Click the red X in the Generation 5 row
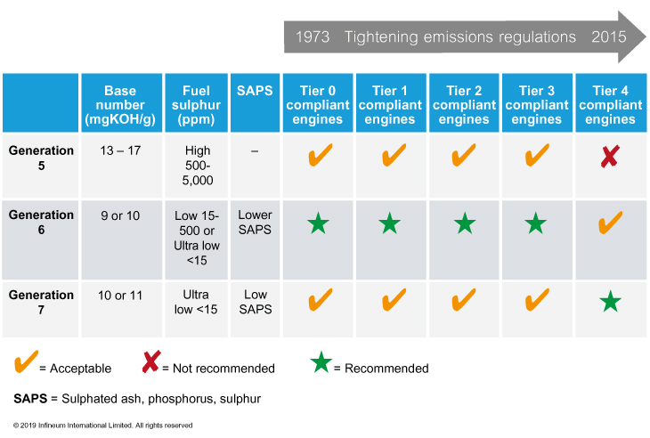coord(610,156)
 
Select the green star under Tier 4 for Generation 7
coord(610,301)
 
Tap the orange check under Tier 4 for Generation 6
coord(610,223)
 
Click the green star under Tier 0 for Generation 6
coord(319,223)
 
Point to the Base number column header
coord(120,105)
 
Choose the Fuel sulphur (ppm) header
coord(196,105)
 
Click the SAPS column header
coord(255,91)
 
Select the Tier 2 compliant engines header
coord(464,105)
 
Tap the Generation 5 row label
coord(41,158)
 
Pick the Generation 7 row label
coord(41,302)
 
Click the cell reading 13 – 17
coord(120,150)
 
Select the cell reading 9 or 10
coord(120,215)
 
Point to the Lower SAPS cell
coord(255,222)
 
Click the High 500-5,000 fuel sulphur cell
coord(198,166)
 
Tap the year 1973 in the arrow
coord(313,36)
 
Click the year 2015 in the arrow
coord(608,36)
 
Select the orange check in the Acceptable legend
coord(26,361)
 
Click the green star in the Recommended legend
coord(321,362)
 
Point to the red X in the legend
coord(151,361)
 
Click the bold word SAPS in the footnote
coord(30,399)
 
